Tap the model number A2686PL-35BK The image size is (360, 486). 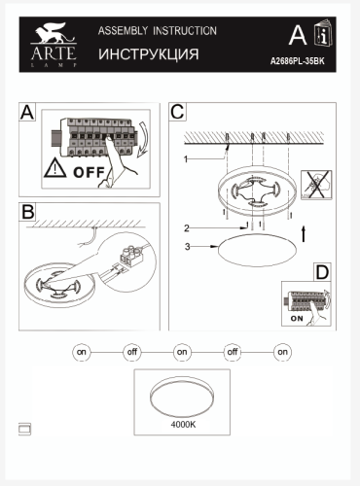tap(298, 61)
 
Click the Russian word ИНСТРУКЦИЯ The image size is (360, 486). tap(149, 54)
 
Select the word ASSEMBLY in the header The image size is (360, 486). tap(123, 31)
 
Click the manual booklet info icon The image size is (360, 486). tap(323, 32)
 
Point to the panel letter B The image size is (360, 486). tap(27, 212)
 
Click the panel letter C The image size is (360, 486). tap(177, 112)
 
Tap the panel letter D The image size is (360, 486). tap(322, 272)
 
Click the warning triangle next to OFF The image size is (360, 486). tap(55, 169)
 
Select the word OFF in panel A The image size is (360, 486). tap(89, 173)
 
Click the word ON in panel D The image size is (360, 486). tap(297, 319)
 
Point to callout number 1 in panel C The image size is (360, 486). tap(186, 159)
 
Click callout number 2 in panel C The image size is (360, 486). tap(187, 228)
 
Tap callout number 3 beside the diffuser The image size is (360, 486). tap(187, 247)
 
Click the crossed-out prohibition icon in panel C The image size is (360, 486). tap(316, 185)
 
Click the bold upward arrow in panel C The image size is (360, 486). tap(304, 234)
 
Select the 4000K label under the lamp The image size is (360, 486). tap(183, 424)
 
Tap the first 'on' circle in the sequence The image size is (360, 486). tap(82, 352)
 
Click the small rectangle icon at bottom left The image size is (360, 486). tap(25, 429)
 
